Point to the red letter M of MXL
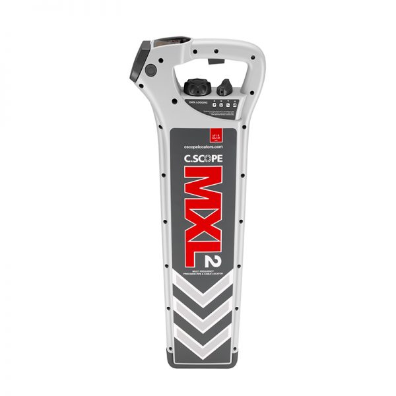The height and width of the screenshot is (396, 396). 198,186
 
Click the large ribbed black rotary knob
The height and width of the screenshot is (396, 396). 195,86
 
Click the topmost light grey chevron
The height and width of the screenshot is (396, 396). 198,287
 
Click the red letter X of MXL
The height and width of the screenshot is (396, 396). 198,218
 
